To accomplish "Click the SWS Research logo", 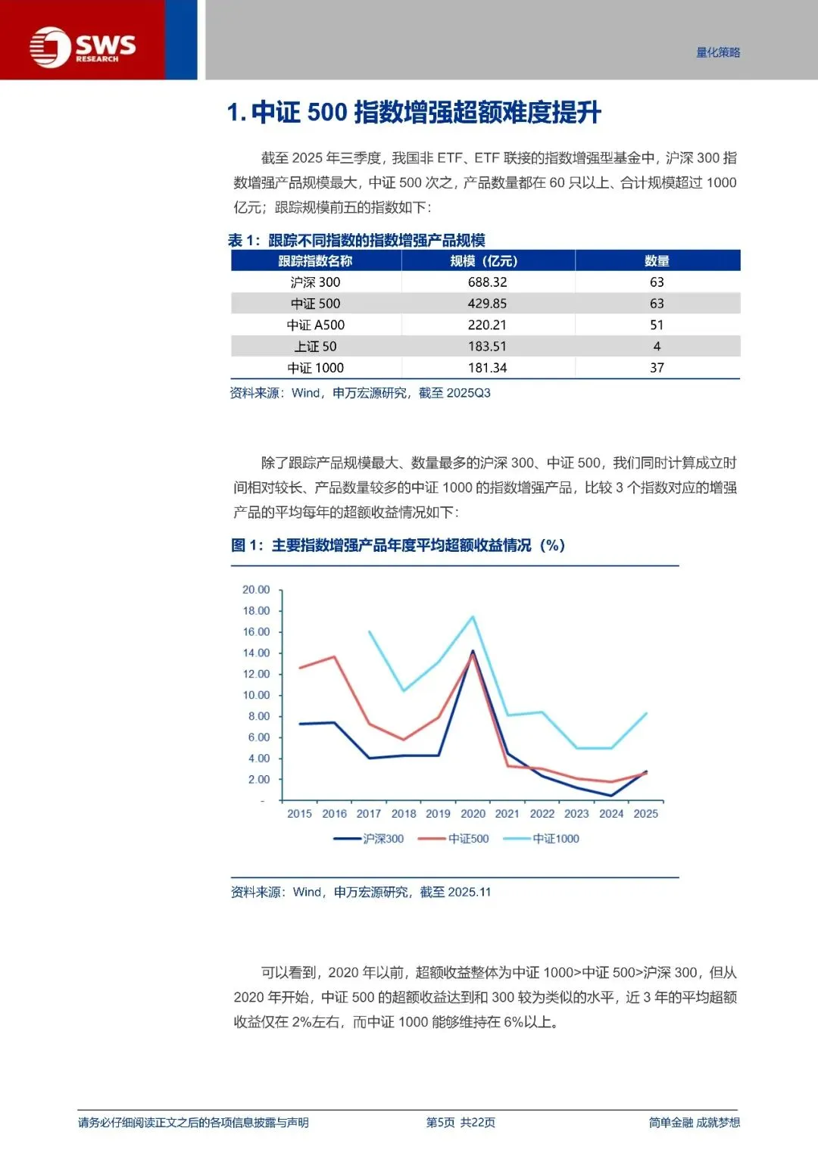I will [83, 47].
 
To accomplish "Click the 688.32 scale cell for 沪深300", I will [487, 282].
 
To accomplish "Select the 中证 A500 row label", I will [315, 326].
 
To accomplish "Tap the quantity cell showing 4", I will [657, 347].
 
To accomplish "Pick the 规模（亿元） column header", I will [487, 261].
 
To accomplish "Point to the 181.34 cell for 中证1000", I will [487, 368].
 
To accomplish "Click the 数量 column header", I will [657, 261].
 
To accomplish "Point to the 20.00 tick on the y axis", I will [256, 590].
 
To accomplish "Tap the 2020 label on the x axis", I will [473, 814].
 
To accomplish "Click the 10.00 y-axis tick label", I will [256, 695].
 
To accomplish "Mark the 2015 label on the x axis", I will [299, 814].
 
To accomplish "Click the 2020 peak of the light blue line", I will [473, 616].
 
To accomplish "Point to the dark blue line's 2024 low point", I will [611, 796].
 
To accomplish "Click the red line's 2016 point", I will [334, 656].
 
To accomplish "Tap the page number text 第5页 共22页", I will [461, 1123].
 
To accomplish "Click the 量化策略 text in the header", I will [718, 52].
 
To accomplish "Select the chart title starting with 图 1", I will [398, 546].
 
